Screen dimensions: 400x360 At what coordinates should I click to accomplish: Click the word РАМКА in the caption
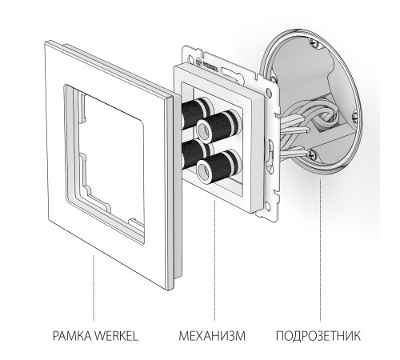(x=73, y=336)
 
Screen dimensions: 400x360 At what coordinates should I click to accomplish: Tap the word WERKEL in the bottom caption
(x=117, y=336)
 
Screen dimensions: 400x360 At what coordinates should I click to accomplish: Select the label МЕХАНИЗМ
(x=212, y=336)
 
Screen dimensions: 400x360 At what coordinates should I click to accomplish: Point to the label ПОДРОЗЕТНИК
(x=318, y=336)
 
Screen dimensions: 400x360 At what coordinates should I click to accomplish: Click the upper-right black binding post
(x=219, y=126)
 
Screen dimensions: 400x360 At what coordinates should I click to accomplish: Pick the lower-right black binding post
(x=219, y=166)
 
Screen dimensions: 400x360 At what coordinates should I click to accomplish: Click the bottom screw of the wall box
(x=312, y=154)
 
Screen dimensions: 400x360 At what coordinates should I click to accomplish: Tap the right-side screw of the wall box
(x=354, y=118)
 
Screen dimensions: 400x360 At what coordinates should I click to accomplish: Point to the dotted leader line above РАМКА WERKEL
(x=94, y=288)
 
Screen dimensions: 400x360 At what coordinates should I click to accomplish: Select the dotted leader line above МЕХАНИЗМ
(x=215, y=260)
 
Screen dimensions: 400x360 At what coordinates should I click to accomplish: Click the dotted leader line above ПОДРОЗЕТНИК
(x=320, y=250)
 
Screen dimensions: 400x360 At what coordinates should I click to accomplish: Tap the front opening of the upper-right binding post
(x=204, y=131)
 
